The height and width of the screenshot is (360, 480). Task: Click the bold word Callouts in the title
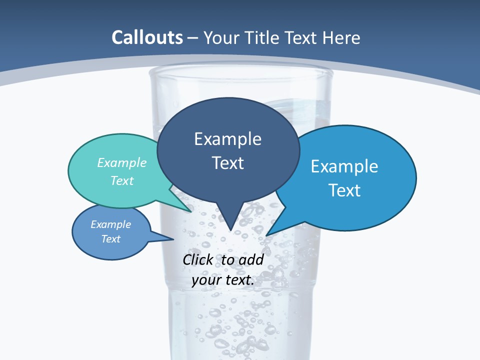point(147,37)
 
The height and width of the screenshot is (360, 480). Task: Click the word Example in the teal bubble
point(122,162)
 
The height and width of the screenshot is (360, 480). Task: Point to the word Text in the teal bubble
point(122,180)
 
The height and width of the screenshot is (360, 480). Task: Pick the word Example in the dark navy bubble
point(227,139)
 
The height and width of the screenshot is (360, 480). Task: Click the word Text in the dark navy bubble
point(227,163)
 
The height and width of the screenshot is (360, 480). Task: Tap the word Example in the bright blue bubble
point(344,166)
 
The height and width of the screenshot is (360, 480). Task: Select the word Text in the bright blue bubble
point(344,190)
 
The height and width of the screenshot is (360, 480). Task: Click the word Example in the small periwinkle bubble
point(111,224)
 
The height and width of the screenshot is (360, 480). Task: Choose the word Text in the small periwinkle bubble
point(111,239)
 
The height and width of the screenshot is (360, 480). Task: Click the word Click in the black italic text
point(198,259)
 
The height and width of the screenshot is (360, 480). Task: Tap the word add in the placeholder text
point(251,259)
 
